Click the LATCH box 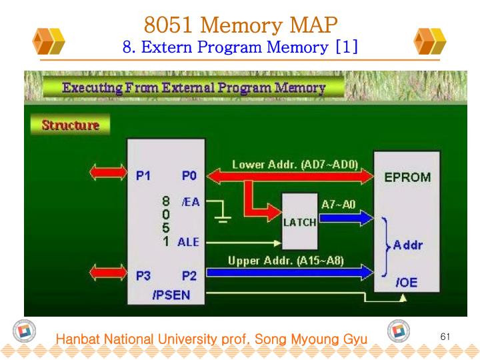coord(299,219)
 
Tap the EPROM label coord(407,178)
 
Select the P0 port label coord(189,177)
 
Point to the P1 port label coord(143,177)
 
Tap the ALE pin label coord(188,242)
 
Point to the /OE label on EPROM coord(407,283)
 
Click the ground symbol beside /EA coord(222,217)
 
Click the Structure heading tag coord(70,125)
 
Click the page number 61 coord(446,336)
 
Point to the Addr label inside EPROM coord(408,245)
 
